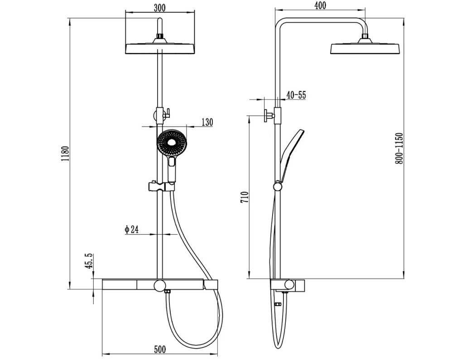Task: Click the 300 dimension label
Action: pyautogui.click(x=159, y=8)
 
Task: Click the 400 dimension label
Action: pyautogui.click(x=320, y=5)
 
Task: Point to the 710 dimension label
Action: pyautogui.click(x=244, y=197)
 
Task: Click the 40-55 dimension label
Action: pyautogui.click(x=296, y=95)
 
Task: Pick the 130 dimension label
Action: pyautogui.click(x=207, y=122)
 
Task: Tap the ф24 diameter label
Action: pyautogui.click(x=131, y=230)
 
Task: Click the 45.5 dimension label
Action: pyautogui.click(x=89, y=261)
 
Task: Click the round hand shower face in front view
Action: pyautogui.click(x=171, y=143)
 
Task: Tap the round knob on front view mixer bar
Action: pyautogui.click(x=159, y=285)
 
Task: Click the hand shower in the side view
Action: pyautogui.click(x=292, y=155)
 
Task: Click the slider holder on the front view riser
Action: pyautogui.click(x=160, y=187)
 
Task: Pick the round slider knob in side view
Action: pyautogui.click(x=278, y=187)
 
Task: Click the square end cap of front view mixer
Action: pyautogui.click(x=211, y=284)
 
